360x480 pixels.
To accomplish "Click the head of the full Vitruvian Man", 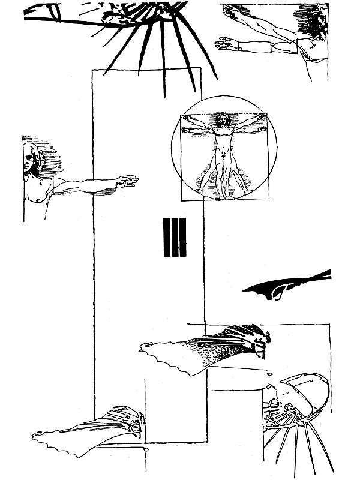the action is pos(223,121).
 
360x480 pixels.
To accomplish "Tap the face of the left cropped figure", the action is pos(28,162).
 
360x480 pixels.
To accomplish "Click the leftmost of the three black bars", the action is pos(167,237).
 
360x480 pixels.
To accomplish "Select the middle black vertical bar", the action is pos(175,237).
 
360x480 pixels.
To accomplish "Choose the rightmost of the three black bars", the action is pos(183,237).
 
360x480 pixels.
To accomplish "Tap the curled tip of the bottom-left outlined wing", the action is pos(37,434).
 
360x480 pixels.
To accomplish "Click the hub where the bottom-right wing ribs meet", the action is pos(304,424).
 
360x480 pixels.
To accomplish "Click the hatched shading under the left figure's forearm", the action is pos(106,192).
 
